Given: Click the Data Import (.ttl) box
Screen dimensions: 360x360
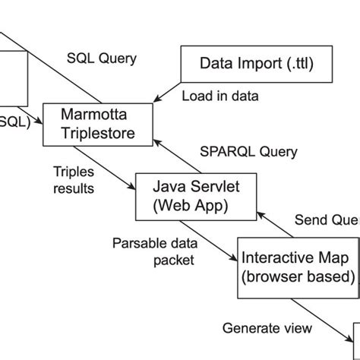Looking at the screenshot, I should (256, 63).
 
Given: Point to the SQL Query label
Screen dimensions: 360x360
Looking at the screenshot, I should (102, 58).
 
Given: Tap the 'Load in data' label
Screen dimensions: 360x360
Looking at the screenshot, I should (220, 96).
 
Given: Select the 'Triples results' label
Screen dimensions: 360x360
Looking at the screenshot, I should (74, 179).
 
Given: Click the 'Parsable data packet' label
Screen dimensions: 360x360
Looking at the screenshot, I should (153, 251).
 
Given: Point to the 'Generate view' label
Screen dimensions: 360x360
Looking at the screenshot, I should (267, 328).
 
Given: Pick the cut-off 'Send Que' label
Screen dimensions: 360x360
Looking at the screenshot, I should (326, 220).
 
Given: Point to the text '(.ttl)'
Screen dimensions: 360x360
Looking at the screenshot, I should (298, 63).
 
